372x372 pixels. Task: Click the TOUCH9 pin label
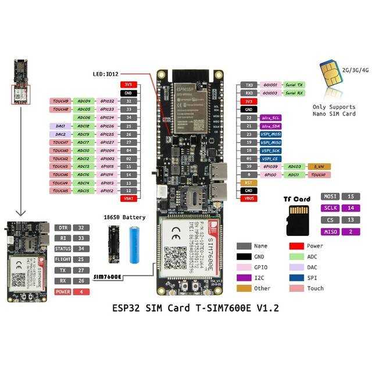(x=60, y=101)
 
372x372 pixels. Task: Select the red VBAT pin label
(x=128, y=198)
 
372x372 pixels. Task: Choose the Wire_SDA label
(x=271, y=126)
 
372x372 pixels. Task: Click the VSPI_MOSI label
(x=271, y=134)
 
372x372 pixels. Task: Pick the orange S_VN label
(x=319, y=166)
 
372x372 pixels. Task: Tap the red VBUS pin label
(x=248, y=198)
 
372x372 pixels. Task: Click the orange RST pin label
(x=248, y=183)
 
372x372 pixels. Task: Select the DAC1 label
(x=60, y=126)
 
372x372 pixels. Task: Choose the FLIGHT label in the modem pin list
(x=64, y=259)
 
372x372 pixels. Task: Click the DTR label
(x=64, y=228)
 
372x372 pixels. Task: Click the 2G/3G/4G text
(x=356, y=70)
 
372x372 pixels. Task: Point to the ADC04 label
(x=83, y=101)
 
